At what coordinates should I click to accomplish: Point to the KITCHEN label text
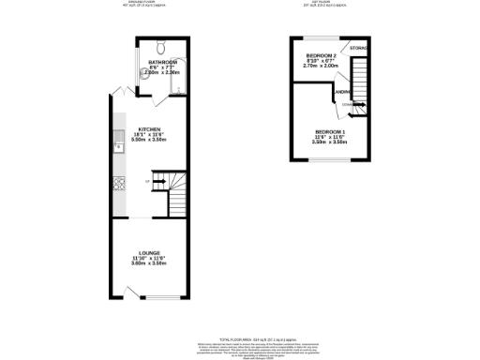pyautogui.click(x=150, y=128)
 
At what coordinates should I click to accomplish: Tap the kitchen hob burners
pyautogui.click(x=118, y=181)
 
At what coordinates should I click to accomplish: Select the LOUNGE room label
pyautogui.click(x=150, y=252)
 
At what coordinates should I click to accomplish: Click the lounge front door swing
pyautogui.click(x=133, y=292)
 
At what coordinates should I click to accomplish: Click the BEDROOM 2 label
pyautogui.click(x=321, y=56)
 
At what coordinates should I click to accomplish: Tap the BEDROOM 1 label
pyautogui.click(x=330, y=130)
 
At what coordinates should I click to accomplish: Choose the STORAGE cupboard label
pyautogui.click(x=358, y=47)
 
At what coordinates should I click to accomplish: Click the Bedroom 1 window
pyautogui.click(x=331, y=158)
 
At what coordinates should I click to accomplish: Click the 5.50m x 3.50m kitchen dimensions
pyautogui.click(x=150, y=140)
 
